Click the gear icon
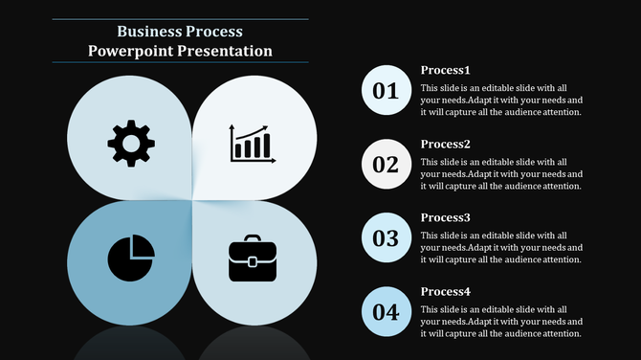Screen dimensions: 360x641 tap(131, 145)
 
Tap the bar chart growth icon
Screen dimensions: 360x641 tap(253, 144)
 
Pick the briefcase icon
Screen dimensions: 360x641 tap(253, 259)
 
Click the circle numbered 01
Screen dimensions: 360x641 tap(385, 91)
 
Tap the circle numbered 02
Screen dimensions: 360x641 tap(385, 164)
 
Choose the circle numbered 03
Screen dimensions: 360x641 tap(385, 237)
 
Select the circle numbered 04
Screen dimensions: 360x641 tap(385, 311)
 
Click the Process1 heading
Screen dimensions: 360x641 tap(446, 70)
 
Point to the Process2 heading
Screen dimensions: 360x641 tap(446, 144)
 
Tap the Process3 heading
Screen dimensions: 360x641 tap(446, 217)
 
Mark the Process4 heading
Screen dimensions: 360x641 tap(446, 291)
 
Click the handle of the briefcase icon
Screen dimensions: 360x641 tap(253, 240)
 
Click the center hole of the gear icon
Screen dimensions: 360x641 tap(131, 145)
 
